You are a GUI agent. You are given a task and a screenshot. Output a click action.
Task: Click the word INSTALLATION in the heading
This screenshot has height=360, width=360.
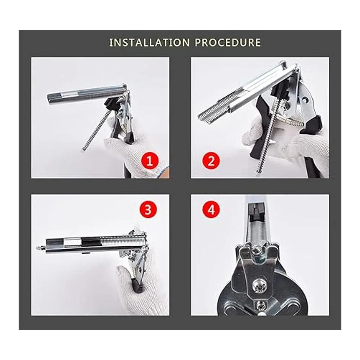coord(149,43)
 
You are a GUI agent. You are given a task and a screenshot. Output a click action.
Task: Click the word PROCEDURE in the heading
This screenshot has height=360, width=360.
coord(228,43)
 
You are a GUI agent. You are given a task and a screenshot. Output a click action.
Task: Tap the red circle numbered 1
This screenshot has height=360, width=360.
coord(149,161)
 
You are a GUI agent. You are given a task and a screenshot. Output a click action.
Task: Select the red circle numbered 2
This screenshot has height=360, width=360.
coord(211,161)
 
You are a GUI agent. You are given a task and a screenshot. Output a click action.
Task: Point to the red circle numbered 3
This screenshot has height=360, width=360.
coord(148,210)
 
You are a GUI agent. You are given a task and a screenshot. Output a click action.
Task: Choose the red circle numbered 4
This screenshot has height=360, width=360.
coord(211,210)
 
